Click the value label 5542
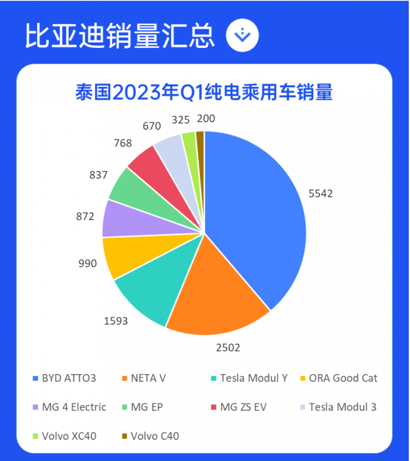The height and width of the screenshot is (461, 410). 321,194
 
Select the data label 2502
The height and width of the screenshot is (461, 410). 228,348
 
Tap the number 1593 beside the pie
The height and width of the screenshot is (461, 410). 116,321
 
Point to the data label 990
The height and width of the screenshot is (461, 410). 88,263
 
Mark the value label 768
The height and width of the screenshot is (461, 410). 123,143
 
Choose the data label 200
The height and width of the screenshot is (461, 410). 206,119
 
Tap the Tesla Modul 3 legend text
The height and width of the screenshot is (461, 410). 342,407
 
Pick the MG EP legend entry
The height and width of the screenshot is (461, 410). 147,407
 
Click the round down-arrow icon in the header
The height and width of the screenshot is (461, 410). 242,36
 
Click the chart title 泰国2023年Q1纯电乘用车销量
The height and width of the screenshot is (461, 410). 204,93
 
